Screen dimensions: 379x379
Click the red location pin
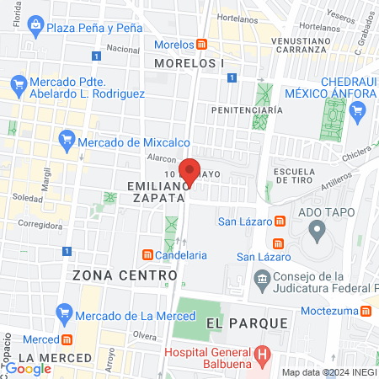190,172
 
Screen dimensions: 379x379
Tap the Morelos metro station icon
203,44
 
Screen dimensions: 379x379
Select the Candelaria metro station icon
148,254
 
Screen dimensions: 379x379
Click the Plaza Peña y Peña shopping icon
36,27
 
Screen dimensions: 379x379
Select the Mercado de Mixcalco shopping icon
67,138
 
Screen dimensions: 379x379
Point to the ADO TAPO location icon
317,228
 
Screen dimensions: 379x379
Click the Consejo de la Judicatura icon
262,278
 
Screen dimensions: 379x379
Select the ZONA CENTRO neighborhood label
125,275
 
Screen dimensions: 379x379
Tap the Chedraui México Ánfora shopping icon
356,109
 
